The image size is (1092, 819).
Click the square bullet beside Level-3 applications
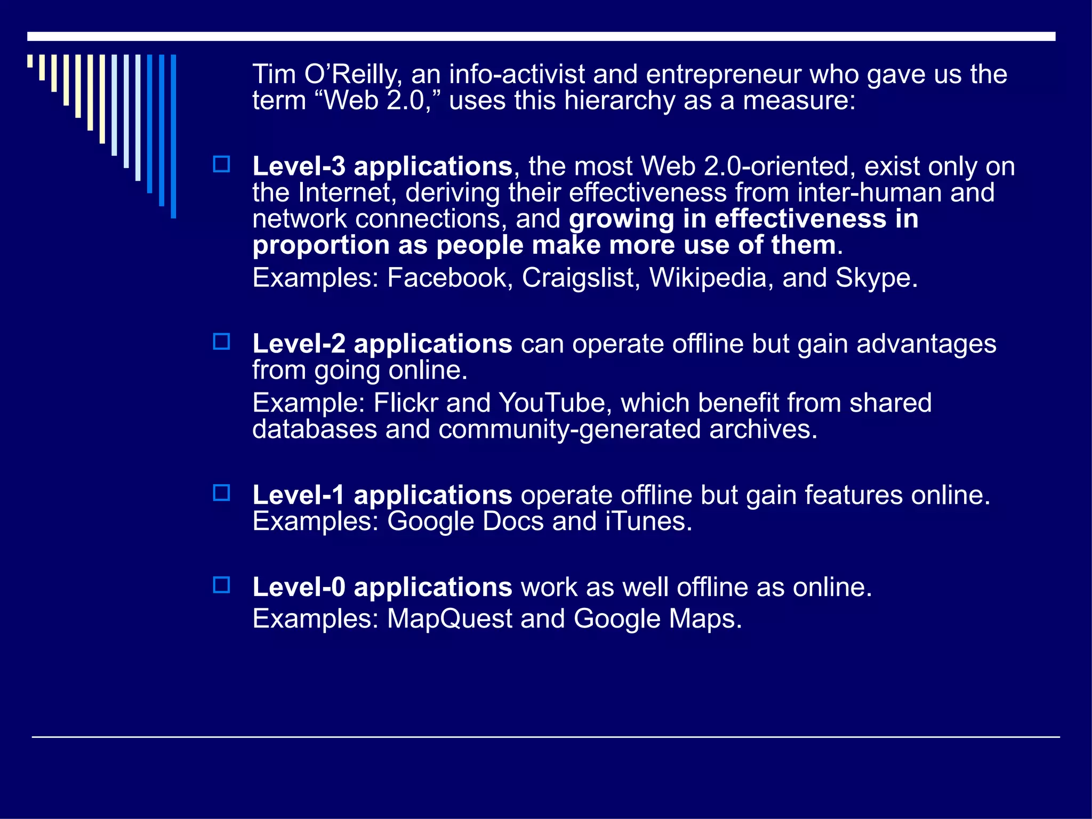click(x=221, y=164)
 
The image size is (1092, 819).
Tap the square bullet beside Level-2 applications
click(x=221, y=341)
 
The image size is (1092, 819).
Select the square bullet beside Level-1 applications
click(x=221, y=493)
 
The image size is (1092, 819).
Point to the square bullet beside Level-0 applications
click(x=221, y=585)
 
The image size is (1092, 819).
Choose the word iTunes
click(x=648, y=521)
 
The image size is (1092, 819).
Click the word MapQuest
click(x=449, y=619)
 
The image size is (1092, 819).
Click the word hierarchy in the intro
click(x=620, y=101)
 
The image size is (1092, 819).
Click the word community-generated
click(x=569, y=430)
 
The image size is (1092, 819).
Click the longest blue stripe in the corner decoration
click(x=173, y=136)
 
